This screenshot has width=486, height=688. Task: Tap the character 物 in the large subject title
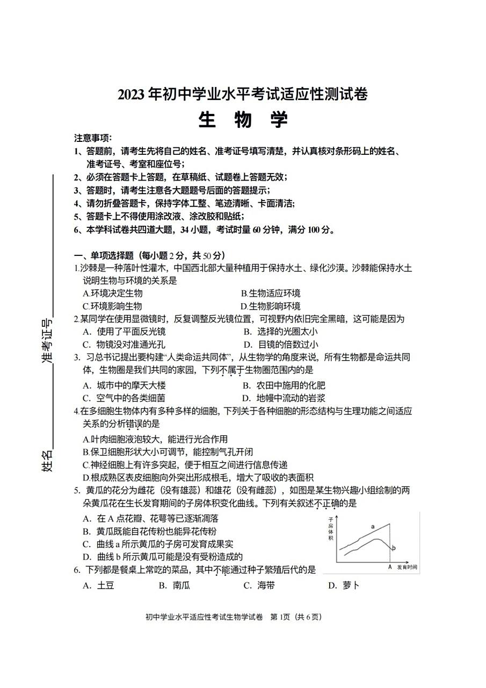point(243,119)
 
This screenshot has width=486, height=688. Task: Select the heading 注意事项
point(93,138)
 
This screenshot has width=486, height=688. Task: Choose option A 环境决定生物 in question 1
point(113,293)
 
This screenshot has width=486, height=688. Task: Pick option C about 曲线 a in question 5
point(158,544)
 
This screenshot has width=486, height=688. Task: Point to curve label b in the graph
point(394,548)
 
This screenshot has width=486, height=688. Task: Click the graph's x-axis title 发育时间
point(407,568)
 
